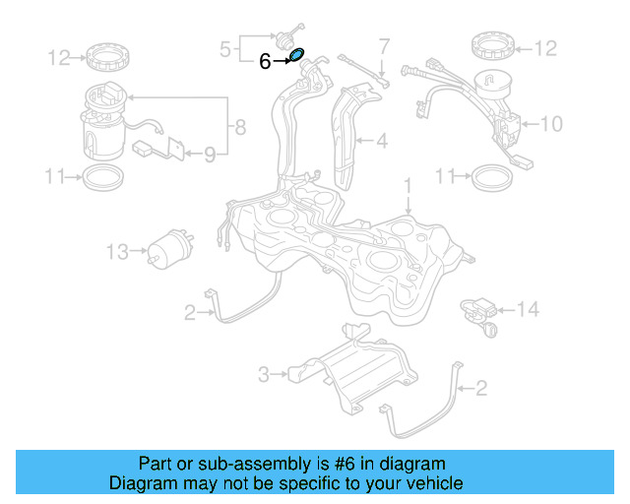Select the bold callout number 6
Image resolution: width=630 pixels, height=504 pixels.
[x=265, y=61]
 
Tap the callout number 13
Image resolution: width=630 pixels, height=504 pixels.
[x=117, y=252]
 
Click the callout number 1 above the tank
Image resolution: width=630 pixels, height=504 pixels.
[x=407, y=185]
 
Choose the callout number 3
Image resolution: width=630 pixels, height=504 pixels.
[x=264, y=374]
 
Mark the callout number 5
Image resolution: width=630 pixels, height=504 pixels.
[x=224, y=46]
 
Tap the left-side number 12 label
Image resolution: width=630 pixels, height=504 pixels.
[x=59, y=58]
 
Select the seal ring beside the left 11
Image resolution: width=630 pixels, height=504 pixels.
[x=102, y=178]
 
